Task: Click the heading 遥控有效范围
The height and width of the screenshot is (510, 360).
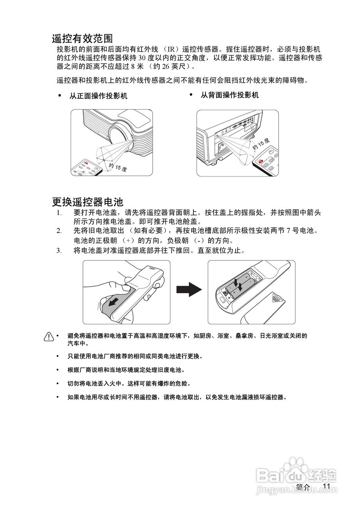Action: tap(83, 38)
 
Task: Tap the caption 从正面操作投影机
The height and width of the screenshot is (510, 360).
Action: tap(98, 96)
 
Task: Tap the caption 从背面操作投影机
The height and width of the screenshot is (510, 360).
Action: tap(229, 95)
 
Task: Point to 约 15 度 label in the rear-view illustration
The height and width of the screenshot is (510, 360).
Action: tap(261, 145)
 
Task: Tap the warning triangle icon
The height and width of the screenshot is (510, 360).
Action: tap(49, 337)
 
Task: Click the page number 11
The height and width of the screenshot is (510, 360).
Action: tap(327, 486)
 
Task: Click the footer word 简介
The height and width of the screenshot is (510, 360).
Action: tap(303, 487)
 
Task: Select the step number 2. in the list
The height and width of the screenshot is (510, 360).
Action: tap(59, 231)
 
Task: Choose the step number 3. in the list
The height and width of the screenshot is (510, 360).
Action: tap(59, 251)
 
